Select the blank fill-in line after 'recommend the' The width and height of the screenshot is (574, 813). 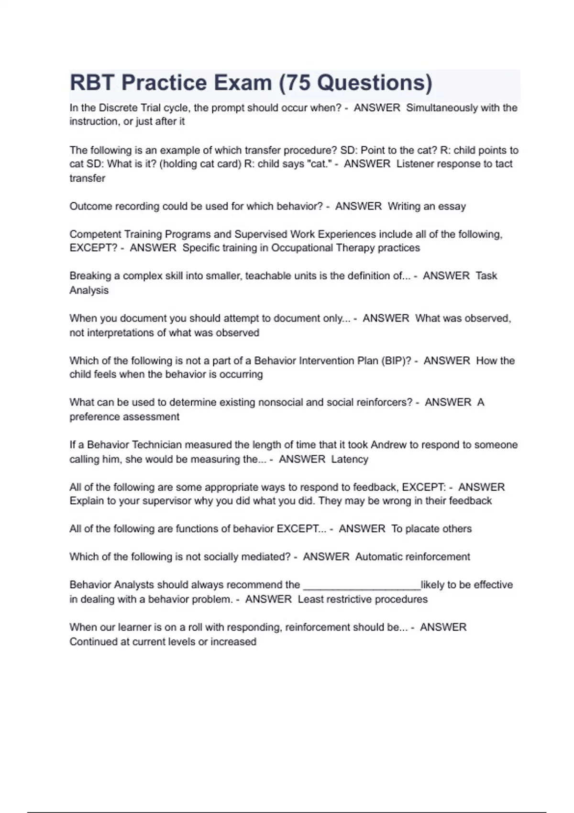(x=362, y=585)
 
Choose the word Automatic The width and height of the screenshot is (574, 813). (x=379, y=557)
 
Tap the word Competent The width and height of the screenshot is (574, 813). (x=95, y=234)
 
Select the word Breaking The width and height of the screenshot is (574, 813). (x=89, y=276)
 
